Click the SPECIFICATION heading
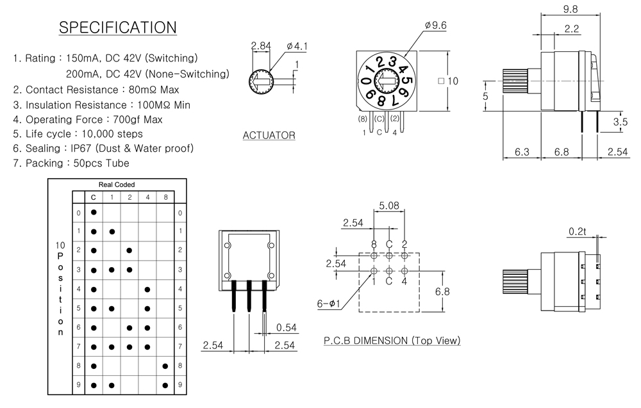[x=117, y=28]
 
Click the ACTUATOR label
[x=269, y=135]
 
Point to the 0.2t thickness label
[x=578, y=231]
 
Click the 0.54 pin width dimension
[x=287, y=327]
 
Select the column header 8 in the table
[x=165, y=197]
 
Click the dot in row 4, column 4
[x=147, y=290]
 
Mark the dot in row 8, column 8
[x=165, y=366]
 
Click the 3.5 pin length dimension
[x=620, y=122]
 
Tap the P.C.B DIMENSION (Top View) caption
[x=392, y=341]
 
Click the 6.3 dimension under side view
[x=522, y=152]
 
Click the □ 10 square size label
[x=448, y=81]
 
